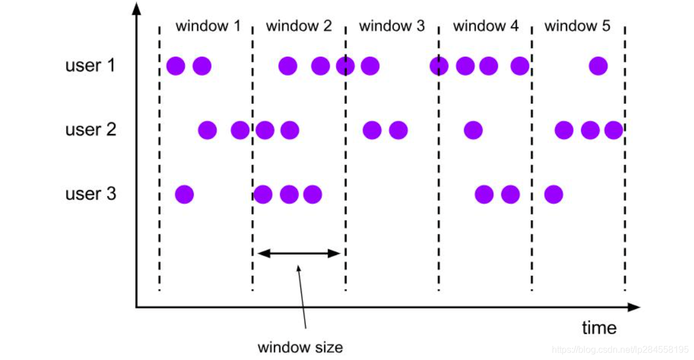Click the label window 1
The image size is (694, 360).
(208, 26)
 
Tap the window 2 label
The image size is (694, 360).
(299, 26)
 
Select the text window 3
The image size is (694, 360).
(392, 26)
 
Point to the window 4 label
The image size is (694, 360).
(485, 26)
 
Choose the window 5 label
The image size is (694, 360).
(577, 26)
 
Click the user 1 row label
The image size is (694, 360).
(91, 66)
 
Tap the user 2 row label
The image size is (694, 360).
(91, 130)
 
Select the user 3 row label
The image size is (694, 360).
(91, 194)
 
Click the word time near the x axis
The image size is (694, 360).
(599, 328)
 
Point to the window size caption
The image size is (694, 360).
(300, 347)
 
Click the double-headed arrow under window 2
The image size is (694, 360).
(299, 253)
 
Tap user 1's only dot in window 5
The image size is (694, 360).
(598, 66)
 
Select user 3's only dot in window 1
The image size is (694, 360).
(184, 194)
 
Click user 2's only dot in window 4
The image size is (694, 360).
(473, 130)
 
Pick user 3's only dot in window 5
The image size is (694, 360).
(553, 194)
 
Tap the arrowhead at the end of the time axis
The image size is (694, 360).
(634, 307)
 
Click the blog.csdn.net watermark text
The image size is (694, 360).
(619, 349)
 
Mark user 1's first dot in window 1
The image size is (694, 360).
(176, 66)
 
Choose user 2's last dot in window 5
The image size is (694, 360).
(613, 130)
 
